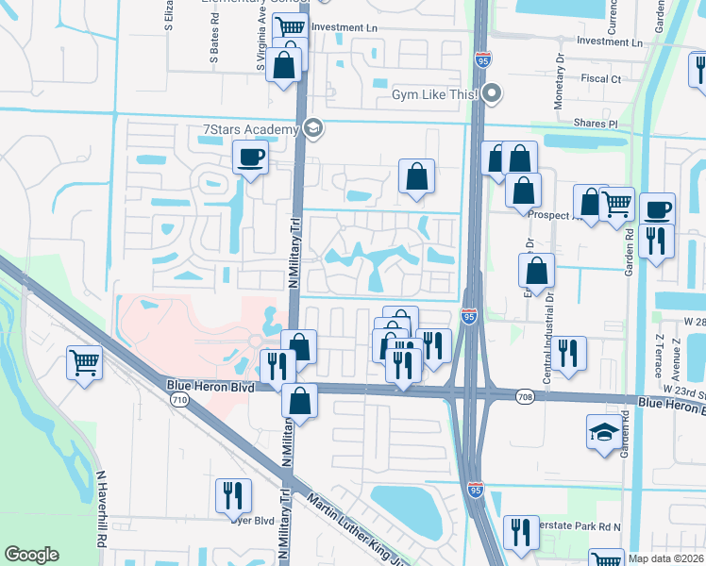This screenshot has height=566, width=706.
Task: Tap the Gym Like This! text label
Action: tap(435, 93)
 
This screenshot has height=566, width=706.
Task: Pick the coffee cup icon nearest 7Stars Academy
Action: tap(250, 157)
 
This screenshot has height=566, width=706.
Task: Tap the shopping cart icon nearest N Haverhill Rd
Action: tap(84, 361)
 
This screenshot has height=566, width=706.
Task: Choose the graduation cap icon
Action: tap(604, 432)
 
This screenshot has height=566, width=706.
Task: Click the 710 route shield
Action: tap(178, 400)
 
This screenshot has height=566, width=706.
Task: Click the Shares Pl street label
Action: tap(598, 124)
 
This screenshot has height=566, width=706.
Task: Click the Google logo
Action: tap(31, 555)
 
